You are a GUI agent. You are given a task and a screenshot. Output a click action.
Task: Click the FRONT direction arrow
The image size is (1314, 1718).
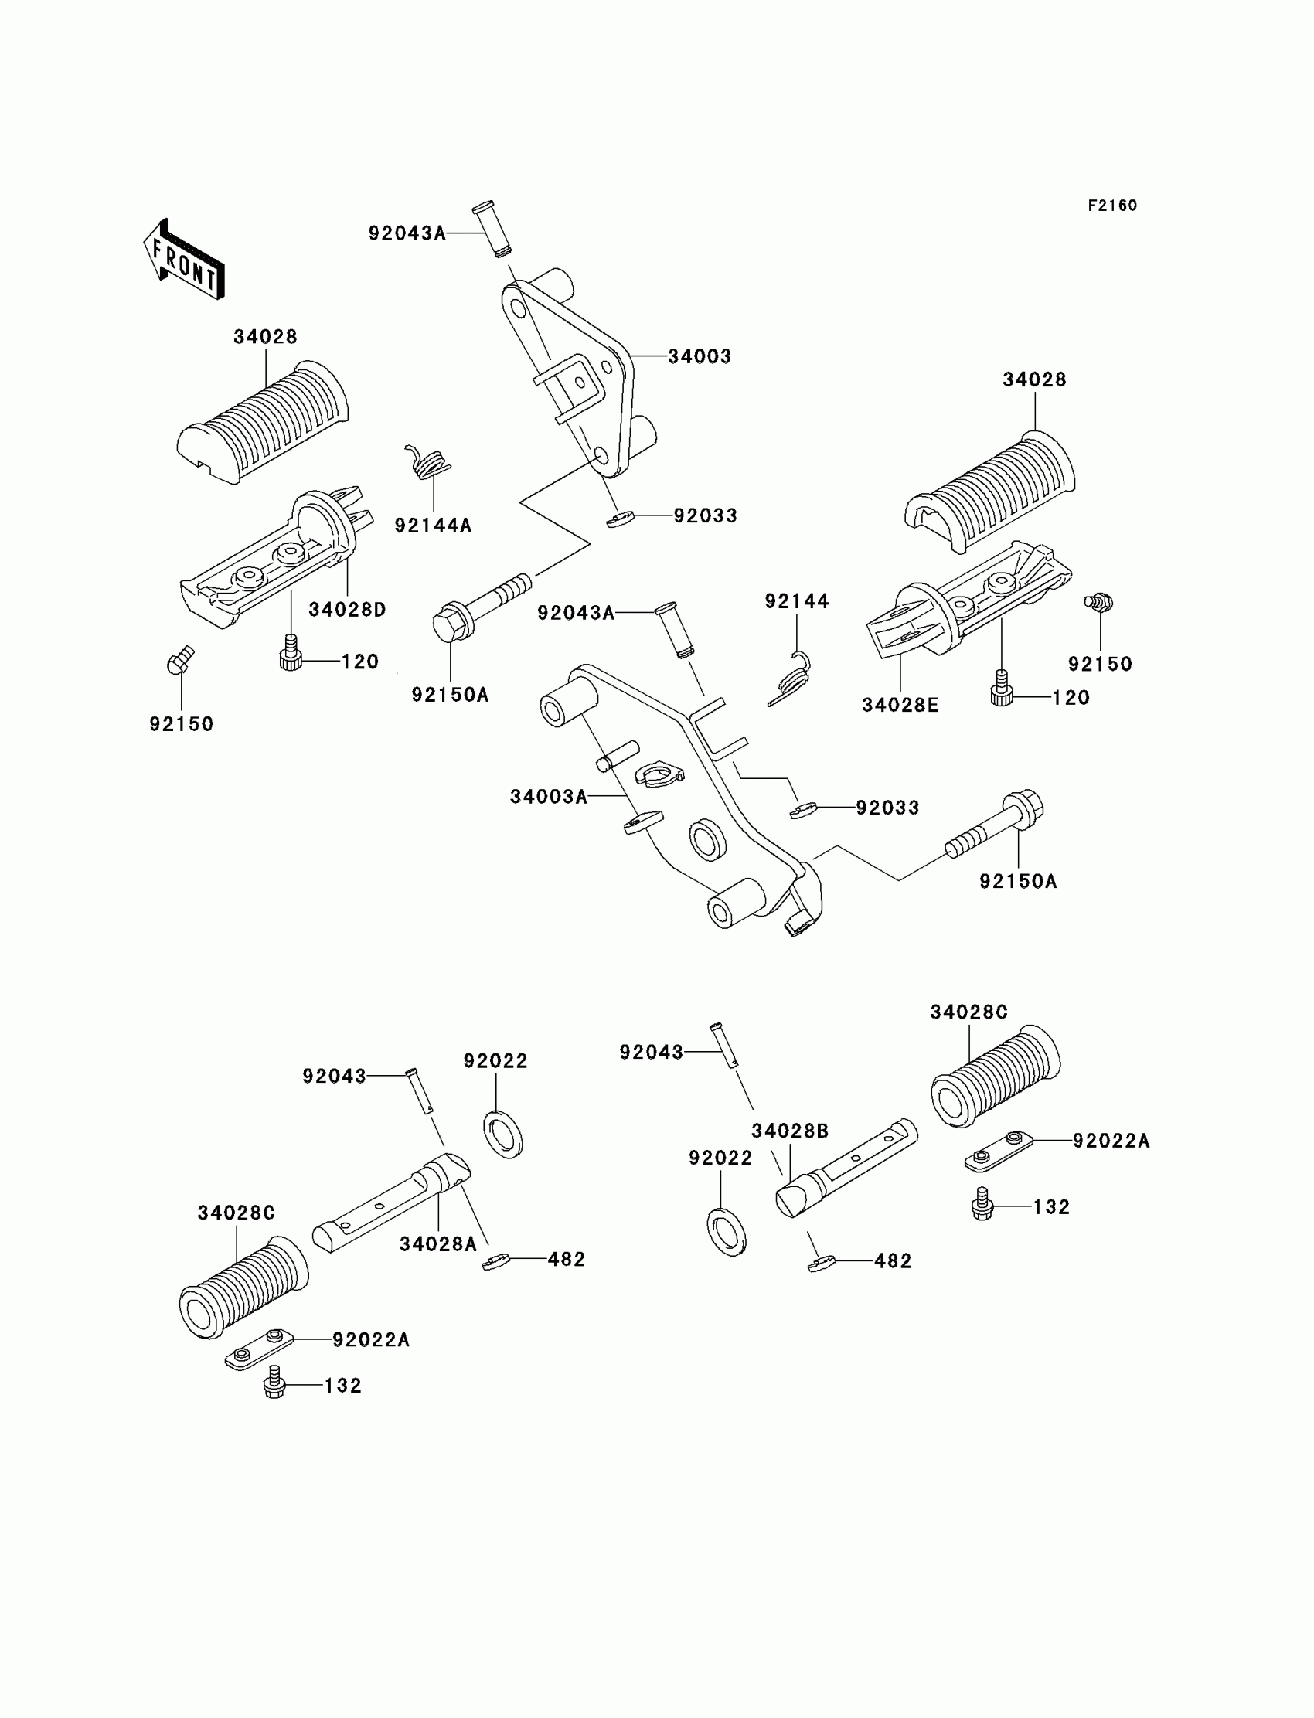click(185, 259)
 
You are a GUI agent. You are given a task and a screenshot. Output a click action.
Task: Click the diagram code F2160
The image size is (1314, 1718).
click(1112, 206)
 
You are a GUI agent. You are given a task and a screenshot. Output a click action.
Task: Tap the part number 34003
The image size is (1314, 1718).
click(700, 356)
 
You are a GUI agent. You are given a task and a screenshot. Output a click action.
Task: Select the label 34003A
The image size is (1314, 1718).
click(548, 796)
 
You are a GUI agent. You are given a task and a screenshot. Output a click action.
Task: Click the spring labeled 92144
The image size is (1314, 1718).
click(790, 677)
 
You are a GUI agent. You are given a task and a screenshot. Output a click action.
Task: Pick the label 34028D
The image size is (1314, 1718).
click(347, 609)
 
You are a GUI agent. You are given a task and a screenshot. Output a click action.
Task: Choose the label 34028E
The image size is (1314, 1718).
click(900, 705)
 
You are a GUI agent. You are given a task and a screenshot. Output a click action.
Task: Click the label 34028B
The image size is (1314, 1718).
click(790, 1131)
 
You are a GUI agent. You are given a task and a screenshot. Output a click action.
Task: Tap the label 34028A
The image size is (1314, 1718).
click(438, 1243)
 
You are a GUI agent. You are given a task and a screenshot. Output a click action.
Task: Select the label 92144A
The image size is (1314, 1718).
click(434, 526)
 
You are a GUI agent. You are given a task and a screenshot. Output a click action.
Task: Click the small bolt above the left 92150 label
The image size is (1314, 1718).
click(180, 661)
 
